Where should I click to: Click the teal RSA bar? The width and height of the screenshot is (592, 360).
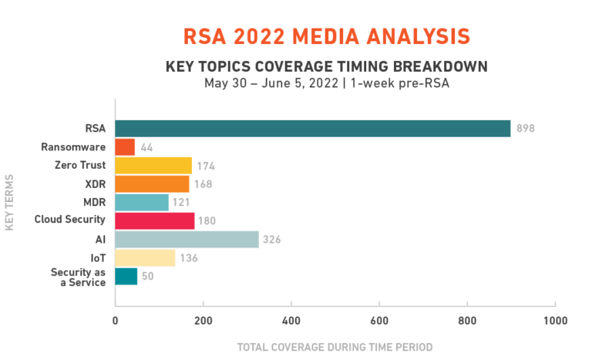(x=313, y=129)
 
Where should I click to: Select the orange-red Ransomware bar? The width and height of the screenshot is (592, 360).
(x=126, y=147)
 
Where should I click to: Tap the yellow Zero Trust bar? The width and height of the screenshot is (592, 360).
(x=154, y=166)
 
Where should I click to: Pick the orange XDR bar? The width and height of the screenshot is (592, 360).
(x=153, y=184)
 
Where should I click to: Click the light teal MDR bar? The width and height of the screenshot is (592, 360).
(x=143, y=203)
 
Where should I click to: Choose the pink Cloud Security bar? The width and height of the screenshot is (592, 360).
(x=155, y=221)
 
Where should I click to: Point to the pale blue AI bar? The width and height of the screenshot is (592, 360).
(x=187, y=240)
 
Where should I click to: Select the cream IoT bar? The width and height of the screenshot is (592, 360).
(x=146, y=258)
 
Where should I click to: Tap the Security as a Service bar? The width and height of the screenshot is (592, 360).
(x=127, y=277)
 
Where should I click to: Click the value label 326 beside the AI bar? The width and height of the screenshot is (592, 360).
(x=271, y=241)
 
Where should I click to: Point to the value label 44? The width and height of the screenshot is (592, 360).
(x=147, y=147)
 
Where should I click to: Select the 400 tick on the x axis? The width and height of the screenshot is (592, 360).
(x=291, y=320)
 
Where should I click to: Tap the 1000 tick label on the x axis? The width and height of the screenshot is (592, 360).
(x=555, y=320)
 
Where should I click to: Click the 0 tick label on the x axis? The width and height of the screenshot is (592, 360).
(x=116, y=320)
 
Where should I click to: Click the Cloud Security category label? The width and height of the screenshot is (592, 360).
(x=70, y=220)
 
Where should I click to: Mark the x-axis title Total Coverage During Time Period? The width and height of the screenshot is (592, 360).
(x=335, y=346)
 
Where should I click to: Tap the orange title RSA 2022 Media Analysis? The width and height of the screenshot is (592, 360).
(x=326, y=36)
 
